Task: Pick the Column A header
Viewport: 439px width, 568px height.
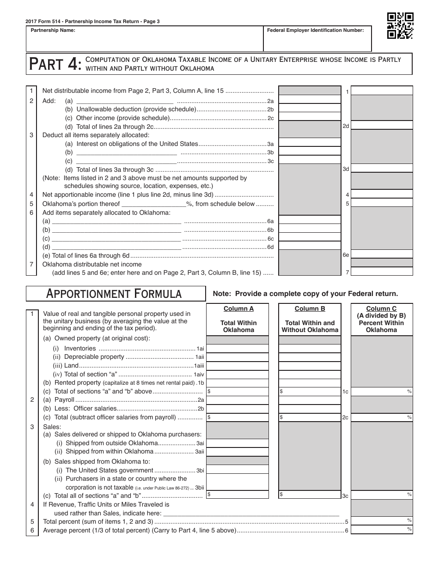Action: (x=238, y=319)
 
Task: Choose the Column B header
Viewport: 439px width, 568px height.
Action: (x=310, y=319)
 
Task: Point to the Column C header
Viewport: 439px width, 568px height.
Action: (x=381, y=319)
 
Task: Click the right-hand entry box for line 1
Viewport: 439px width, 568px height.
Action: (x=382, y=91)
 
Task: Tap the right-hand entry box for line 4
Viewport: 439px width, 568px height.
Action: (x=382, y=194)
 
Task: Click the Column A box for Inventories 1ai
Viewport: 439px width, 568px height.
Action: (x=238, y=349)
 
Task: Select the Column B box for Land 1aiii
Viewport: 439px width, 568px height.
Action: (x=310, y=365)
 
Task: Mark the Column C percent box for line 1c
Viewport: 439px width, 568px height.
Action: (x=382, y=391)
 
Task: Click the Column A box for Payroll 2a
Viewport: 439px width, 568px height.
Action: (x=238, y=400)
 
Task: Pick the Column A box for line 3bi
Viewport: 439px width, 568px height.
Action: (x=238, y=470)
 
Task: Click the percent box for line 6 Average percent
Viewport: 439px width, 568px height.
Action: (x=382, y=530)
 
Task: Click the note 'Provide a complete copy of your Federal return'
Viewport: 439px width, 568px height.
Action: (x=305, y=294)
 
